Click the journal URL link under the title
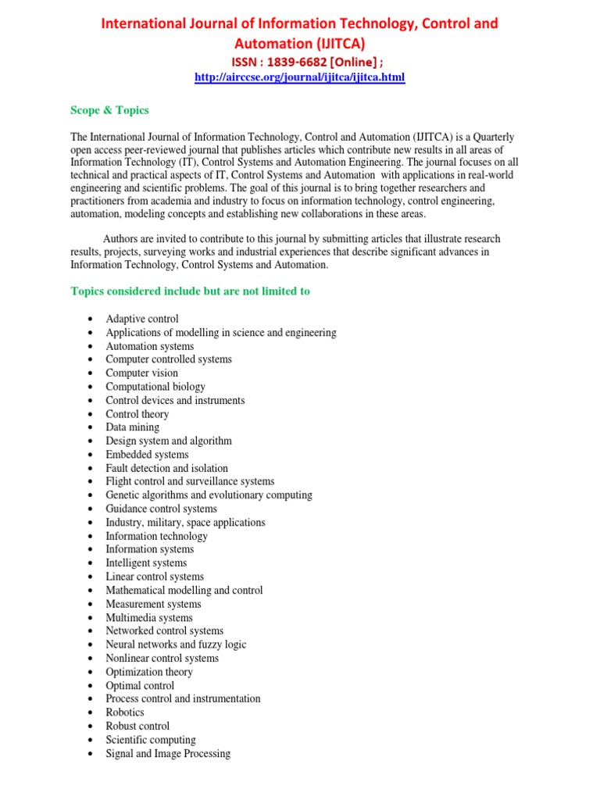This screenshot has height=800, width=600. point(299,78)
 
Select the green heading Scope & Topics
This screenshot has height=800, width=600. point(109,110)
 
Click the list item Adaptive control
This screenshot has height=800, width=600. point(142,319)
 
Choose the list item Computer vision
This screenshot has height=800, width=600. point(142,373)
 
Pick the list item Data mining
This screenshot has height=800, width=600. point(133,427)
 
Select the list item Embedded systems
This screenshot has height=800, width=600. point(147,455)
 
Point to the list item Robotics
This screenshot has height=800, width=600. point(125,712)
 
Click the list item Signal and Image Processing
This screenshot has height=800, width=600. point(168,754)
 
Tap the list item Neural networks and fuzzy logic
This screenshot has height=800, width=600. point(176,645)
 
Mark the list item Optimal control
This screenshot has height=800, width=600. point(140,686)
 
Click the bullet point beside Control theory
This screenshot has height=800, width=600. point(91,415)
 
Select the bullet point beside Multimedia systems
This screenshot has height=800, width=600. point(91,618)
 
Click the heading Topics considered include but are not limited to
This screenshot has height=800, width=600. point(190,291)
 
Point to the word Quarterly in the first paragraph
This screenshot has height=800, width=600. point(492,137)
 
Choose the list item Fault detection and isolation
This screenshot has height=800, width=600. point(167,469)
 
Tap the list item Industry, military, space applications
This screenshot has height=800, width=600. point(185,523)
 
